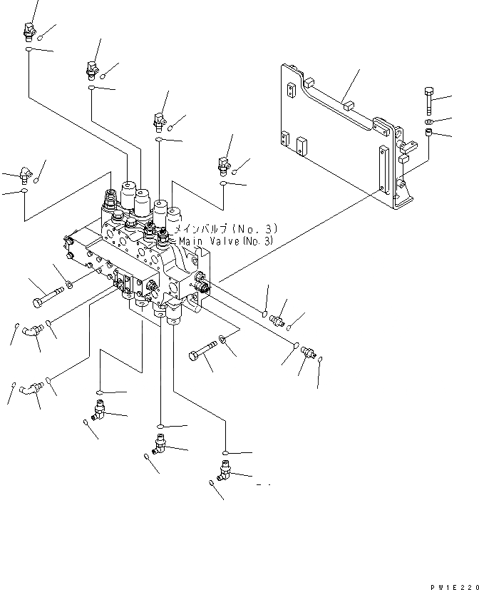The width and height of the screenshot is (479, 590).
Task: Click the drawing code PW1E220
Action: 454,584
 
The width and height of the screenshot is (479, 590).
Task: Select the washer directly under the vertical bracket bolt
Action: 428,121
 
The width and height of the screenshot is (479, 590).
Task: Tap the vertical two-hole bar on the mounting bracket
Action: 386,172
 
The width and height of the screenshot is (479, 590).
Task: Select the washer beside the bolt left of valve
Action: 68,286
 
